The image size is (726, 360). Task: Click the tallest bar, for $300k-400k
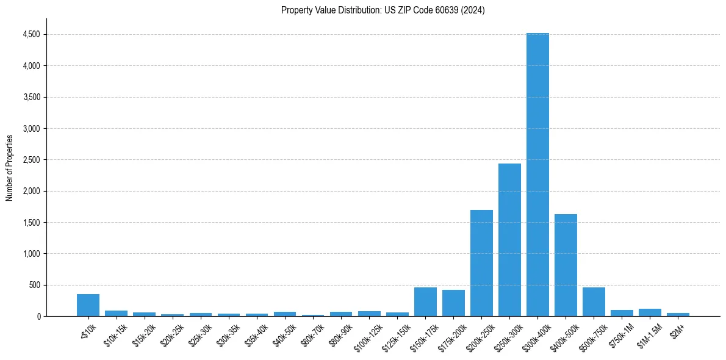click(537, 175)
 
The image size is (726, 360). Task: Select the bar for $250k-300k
click(509, 240)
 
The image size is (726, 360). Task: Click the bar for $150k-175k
click(425, 301)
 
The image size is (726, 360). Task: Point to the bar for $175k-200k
click(453, 303)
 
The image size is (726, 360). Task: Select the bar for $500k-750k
click(594, 301)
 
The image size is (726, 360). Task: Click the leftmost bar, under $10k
click(88, 305)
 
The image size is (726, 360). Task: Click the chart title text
click(383, 10)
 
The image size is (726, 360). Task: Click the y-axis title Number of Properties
click(10, 167)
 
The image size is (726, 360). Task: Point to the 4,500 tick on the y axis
click(31, 35)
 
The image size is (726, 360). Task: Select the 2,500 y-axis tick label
click(31, 160)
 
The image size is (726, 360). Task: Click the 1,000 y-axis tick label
click(31, 254)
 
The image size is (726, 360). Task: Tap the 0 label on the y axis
click(38, 317)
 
